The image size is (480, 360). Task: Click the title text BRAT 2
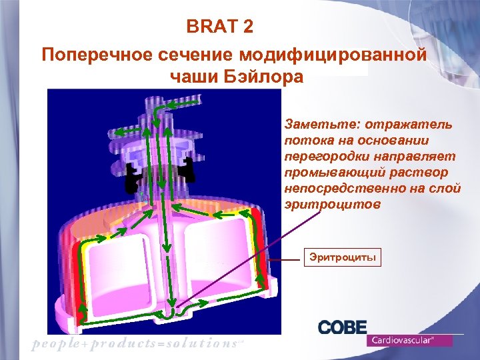click(x=219, y=28)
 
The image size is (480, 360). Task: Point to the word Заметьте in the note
click(x=314, y=125)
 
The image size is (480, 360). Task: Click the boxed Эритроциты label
click(x=342, y=257)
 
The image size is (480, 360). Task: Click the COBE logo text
click(x=342, y=327)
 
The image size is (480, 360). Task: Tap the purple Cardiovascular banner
click(x=409, y=340)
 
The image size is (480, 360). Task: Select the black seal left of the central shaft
click(x=133, y=176)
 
